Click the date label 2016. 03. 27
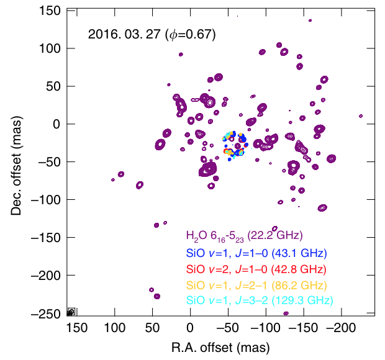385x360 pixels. [124, 35]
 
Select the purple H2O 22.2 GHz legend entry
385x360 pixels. [243, 235]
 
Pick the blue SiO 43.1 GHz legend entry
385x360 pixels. [256, 253]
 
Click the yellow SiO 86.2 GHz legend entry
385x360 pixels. [256, 286]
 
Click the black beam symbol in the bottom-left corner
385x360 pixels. [71, 312]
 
